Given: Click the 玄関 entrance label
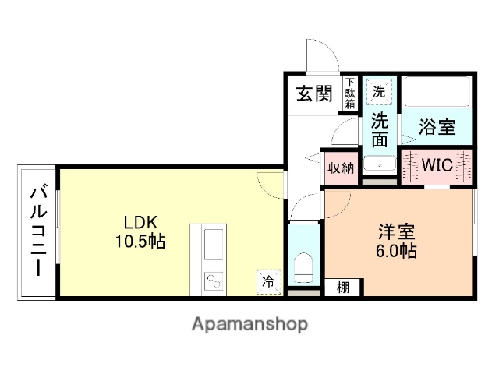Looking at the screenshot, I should pyautogui.click(x=314, y=94).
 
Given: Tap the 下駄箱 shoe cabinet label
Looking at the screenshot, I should pyautogui.click(x=350, y=92).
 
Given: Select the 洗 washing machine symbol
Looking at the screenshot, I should pyautogui.click(x=378, y=91).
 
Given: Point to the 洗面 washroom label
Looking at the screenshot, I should pyautogui.click(x=379, y=130).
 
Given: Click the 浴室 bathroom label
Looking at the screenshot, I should pyautogui.click(x=437, y=127).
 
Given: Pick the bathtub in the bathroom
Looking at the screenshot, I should pyautogui.click(x=437, y=94).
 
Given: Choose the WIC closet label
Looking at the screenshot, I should pyautogui.click(x=437, y=166).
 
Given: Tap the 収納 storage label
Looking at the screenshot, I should pyautogui.click(x=340, y=167).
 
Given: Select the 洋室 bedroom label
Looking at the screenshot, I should pyautogui.click(x=397, y=232).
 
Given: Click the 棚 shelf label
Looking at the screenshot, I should pyautogui.click(x=343, y=287).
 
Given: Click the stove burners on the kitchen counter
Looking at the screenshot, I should pyautogui.click(x=213, y=281).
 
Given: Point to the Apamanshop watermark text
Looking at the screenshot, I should pyautogui.click(x=249, y=323).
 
